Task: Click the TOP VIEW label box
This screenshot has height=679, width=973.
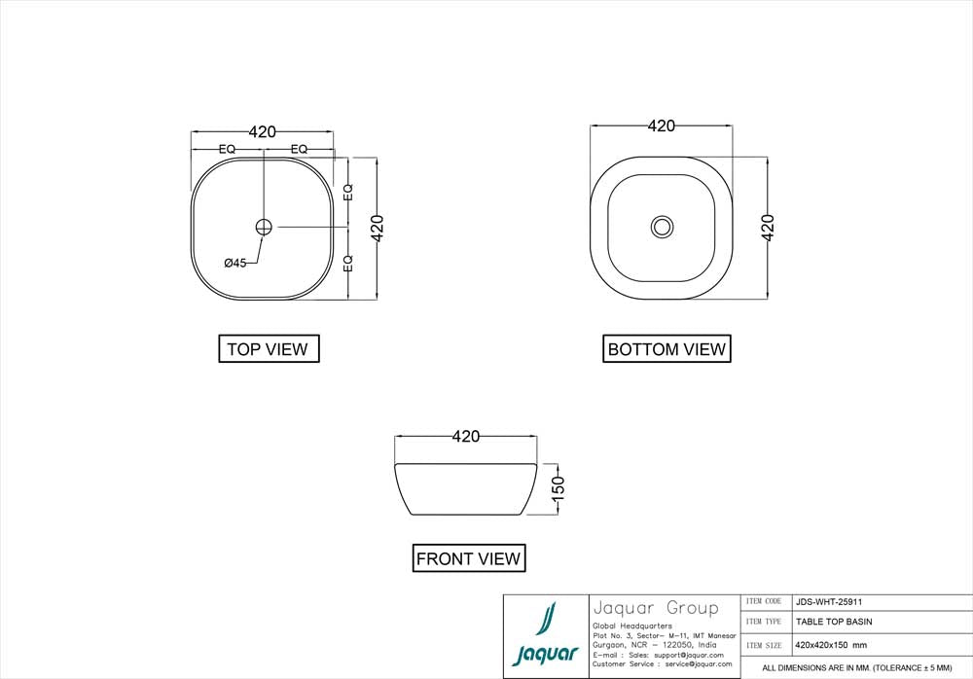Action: (268, 348)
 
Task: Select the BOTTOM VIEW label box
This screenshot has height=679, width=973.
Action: (667, 348)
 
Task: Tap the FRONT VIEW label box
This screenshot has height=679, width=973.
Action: (468, 558)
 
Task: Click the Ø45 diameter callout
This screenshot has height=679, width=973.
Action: (234, 263)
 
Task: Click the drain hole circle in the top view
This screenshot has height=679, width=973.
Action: (264, 227)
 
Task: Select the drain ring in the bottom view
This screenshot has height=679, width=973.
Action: (662, 227)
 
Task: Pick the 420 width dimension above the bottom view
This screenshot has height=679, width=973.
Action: (662, 126)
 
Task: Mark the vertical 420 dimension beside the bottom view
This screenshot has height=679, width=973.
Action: (768, 228)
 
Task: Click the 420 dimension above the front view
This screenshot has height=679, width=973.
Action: (466, 437)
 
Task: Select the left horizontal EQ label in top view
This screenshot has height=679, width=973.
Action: (227, 149)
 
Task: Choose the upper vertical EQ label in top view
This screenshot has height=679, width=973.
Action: (348, 192)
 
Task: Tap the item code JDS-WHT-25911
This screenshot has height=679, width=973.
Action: (828, 602)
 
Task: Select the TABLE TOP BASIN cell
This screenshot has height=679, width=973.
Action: (834, 622)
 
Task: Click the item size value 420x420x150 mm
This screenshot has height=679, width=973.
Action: (831, 645)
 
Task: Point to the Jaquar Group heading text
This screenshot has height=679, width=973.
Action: (655, 608)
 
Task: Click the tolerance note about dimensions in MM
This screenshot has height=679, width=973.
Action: (856, 668)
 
